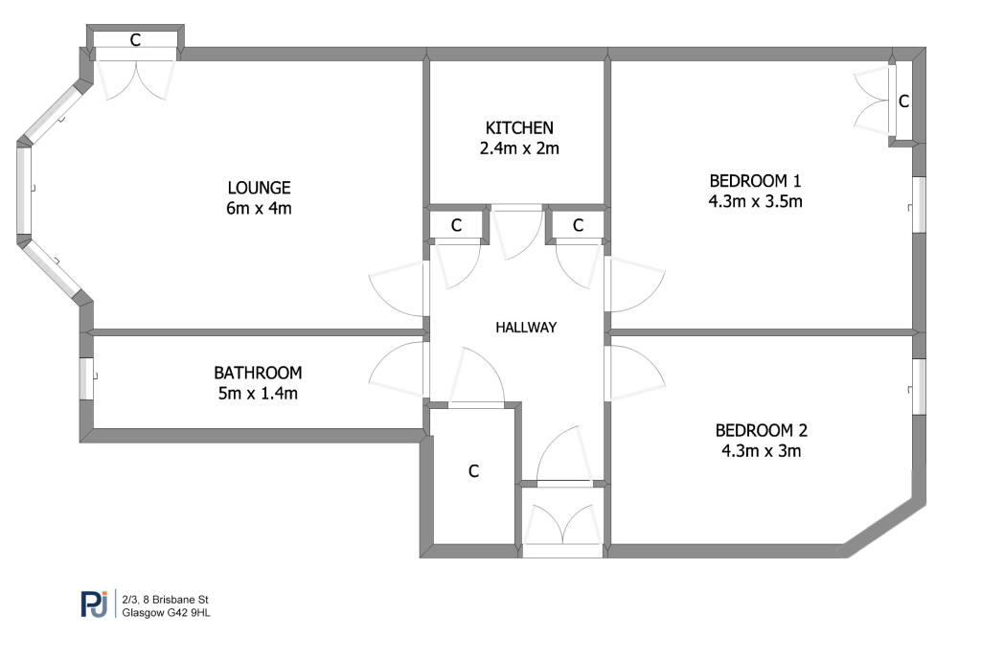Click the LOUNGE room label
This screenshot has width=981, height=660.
coord(259,188)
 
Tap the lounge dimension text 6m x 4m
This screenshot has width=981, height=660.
coord(259,208)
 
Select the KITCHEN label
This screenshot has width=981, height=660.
coord(519,127)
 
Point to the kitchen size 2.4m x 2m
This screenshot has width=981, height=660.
coord(519,148)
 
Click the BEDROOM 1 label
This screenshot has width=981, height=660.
coord(755,180)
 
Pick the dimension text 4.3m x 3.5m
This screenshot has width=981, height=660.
coord(755,201)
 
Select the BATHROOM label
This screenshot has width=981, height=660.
coord(258,373)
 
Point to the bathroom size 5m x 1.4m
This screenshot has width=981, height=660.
coord(258,394)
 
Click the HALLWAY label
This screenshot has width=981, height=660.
coord(526,328)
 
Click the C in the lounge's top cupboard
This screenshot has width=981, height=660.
coord(135,40)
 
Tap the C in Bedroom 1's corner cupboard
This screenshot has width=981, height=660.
coord(902,101)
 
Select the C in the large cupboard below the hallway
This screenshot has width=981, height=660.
coord(473,471)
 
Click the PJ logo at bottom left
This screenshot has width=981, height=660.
coord(94,604)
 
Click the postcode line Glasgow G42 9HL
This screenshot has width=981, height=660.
coord(167,613)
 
